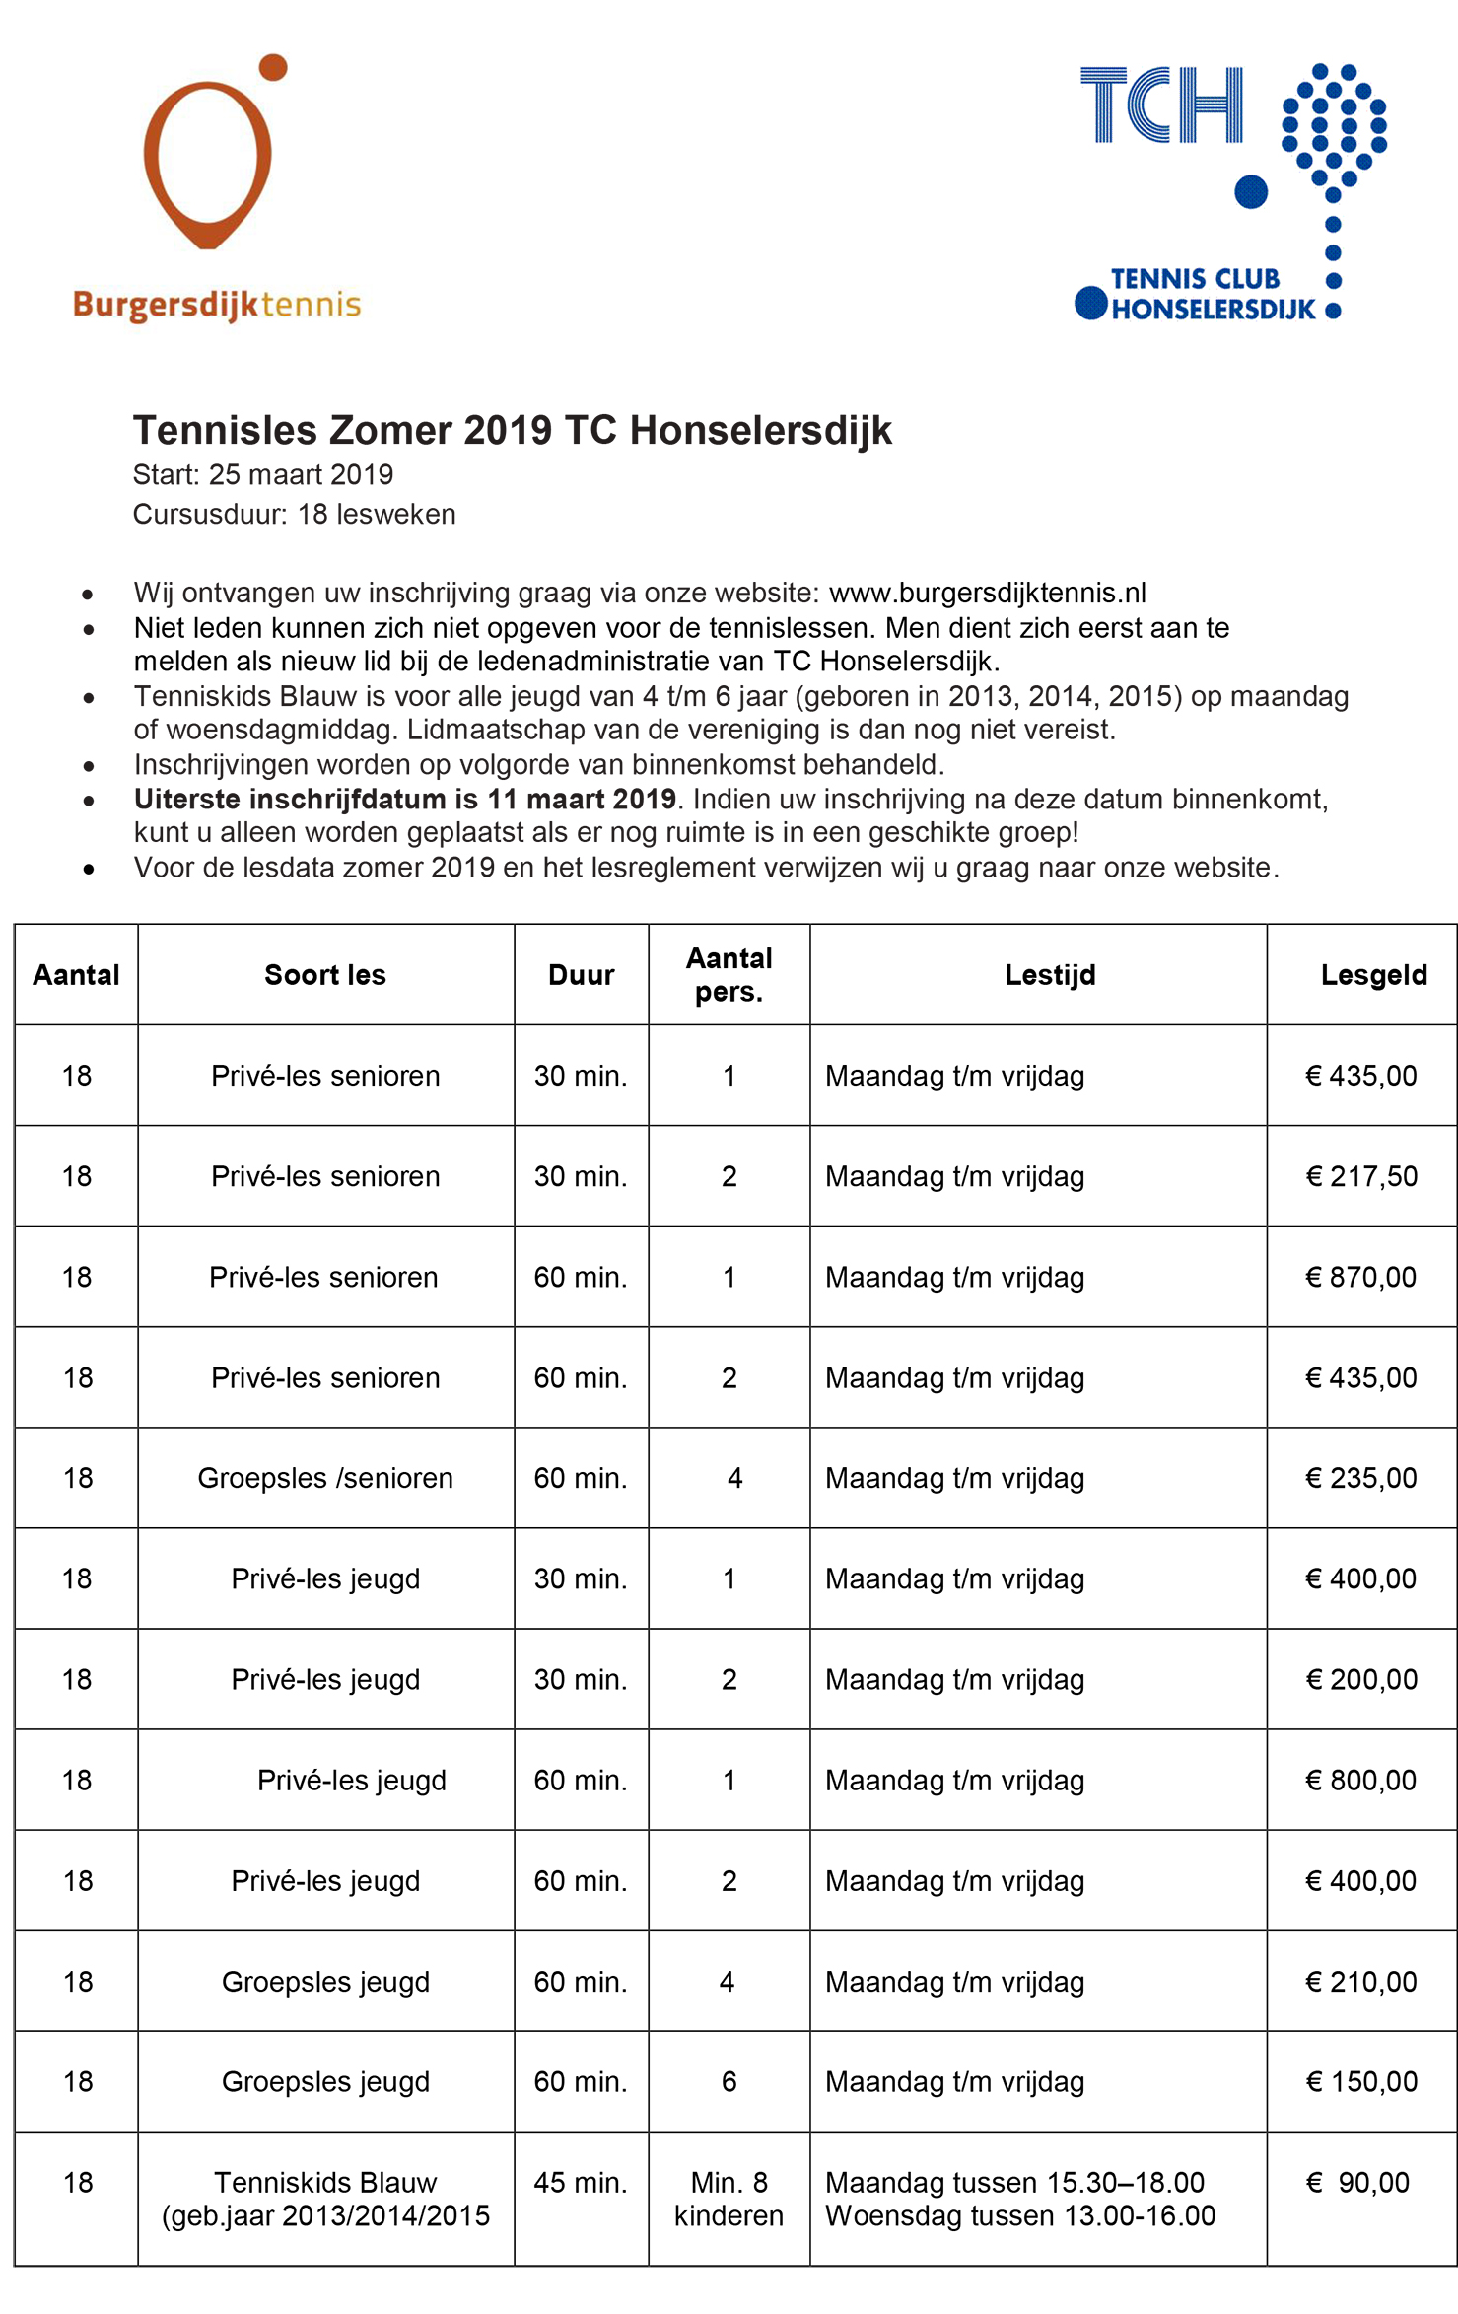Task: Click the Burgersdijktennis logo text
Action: (x=217, y=305)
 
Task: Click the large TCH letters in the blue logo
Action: (x=1161, y=105)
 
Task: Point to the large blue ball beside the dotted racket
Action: (x=1251, y=191)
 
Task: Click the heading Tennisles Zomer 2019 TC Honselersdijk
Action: (x=512, y=431)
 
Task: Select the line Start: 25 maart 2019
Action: (x=263, y=475)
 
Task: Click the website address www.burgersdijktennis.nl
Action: (x=987, y=593)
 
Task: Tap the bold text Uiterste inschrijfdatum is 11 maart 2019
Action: (x=404, y=799)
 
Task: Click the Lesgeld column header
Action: (x=1373, y=975)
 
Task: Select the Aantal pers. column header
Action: (x=729, y=975)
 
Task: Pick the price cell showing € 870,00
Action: (x=1360, y=1278)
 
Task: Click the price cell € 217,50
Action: (x=1360, y=1176)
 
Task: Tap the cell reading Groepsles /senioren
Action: (x=325, y=1479)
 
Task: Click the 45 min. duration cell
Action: (x=581, y=2183)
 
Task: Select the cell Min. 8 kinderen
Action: (x=729, y=2200)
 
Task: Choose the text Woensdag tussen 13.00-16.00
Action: (x=1019, y=2216)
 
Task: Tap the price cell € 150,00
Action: (x=1360, y=2082)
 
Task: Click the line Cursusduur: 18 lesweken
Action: (x=294, y=515)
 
